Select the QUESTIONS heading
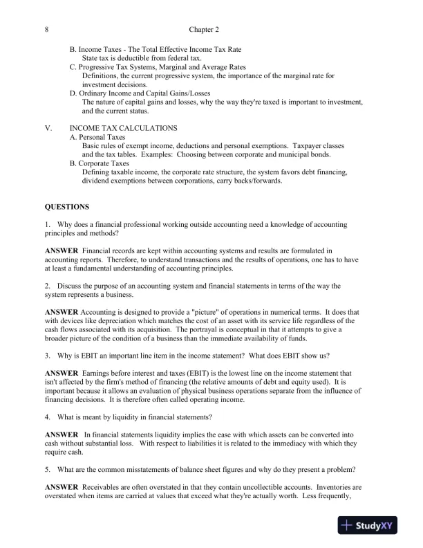[67, 206]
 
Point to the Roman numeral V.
[48, 128]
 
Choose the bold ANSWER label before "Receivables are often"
[62, 488]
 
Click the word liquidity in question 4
[127, 417]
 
